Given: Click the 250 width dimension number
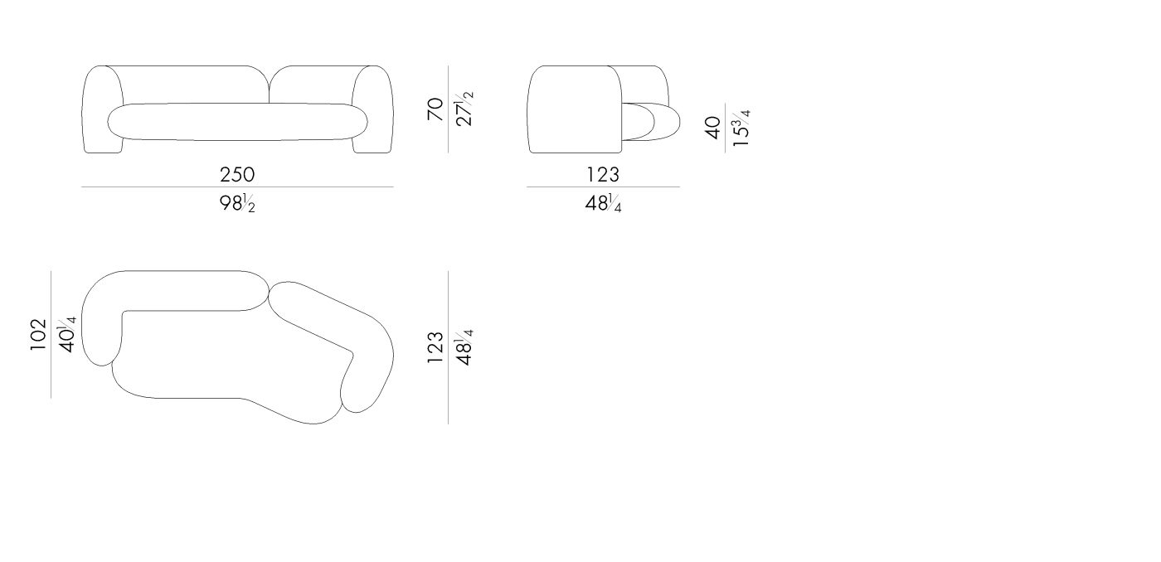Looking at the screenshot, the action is point(237,175).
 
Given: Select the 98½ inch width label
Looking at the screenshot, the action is point(237,203).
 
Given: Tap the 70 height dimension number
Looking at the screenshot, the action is point(435,109).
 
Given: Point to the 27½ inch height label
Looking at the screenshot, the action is point(464,109).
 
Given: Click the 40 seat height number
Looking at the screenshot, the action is point(713,128).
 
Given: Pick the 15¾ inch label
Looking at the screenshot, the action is point(741,128).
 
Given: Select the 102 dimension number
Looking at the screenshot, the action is point(38,335).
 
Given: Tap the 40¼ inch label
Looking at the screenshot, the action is point(67,335).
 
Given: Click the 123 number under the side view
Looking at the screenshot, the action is point(603,175).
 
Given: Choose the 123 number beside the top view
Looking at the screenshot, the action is point(435,347).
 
